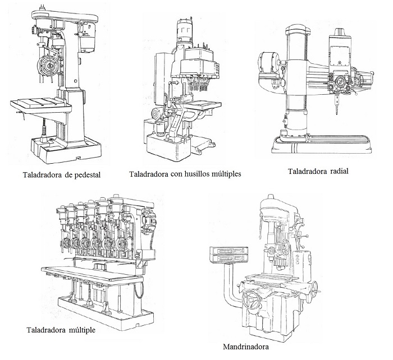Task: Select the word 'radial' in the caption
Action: pyautogui.click(x=335, y=171)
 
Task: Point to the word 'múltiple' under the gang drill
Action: pyautogui.click(x=81, y=329)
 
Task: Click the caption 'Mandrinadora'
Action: pyautogui.click(x=245, y=346)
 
